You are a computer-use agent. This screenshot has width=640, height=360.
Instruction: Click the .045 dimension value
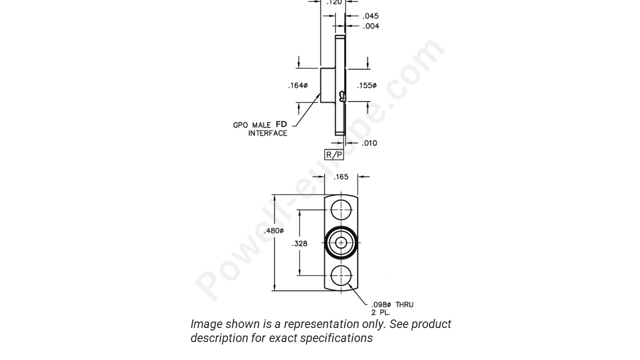[370, 16]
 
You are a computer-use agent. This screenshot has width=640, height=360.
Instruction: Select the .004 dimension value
[370, 26]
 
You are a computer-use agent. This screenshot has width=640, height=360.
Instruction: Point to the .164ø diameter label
[297, 85]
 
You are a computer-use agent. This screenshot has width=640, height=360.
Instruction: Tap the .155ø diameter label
[366, 85]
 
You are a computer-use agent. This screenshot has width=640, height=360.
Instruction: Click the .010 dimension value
[369, 143]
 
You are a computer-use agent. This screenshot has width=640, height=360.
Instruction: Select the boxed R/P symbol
[334, 154]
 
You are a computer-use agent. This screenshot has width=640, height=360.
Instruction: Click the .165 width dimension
[341, 177]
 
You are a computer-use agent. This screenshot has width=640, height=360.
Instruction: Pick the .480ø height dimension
[273, 231]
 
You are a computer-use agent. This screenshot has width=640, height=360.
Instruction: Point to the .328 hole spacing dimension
[299, 243]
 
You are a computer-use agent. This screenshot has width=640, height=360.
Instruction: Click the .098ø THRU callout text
[392, 304]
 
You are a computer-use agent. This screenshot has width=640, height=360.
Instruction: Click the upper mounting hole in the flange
[341, 210]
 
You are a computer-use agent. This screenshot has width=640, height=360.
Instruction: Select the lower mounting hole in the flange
[341, 275]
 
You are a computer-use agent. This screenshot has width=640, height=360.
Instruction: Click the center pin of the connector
[341, 243]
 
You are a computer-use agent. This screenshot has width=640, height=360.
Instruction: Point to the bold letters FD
[281, 124]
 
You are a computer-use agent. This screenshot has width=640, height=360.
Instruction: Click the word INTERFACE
[267, 133]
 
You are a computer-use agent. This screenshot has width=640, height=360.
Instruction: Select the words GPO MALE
[252, 125]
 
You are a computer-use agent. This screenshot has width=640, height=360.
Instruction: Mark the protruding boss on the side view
[328, 85]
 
